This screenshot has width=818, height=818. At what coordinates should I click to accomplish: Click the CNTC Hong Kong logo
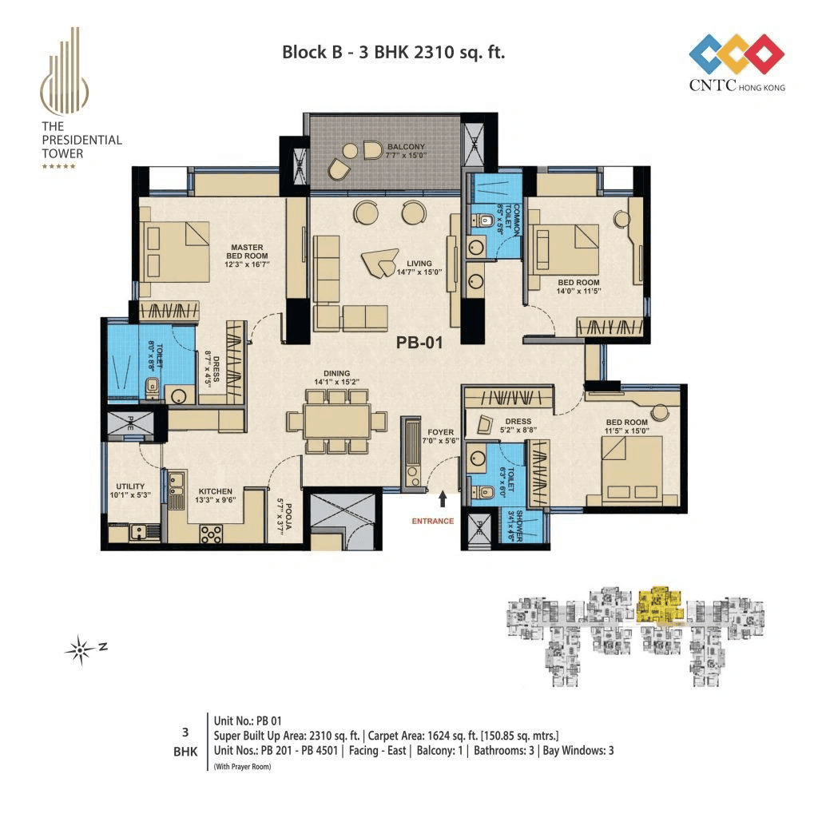tap(737, 62)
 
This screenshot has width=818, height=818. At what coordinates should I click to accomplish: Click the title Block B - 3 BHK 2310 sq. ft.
tap(394, 53)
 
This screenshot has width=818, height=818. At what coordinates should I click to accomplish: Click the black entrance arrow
tap(443, 499)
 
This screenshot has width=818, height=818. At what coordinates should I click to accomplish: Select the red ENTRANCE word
tap(432, 521)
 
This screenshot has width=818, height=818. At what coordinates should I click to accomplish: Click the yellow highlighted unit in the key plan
tap(659, 604)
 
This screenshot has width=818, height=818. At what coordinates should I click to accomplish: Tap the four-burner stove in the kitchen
tap(211, 533)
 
